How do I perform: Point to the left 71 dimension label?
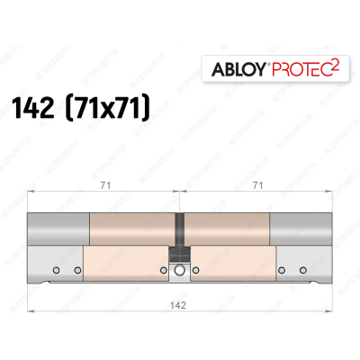(x=105, y=186)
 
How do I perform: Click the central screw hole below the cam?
(x=180, y=270)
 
